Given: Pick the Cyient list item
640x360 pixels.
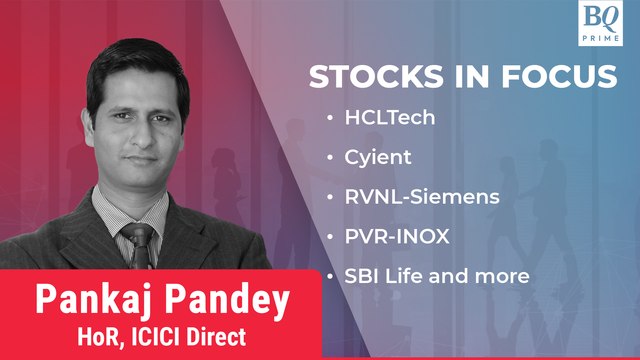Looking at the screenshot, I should [x=371, y=159].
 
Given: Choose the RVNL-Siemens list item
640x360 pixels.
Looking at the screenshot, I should [x=407, y=198].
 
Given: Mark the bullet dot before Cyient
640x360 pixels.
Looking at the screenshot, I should [x=332, y=159].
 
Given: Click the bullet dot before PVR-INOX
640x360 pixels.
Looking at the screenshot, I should [x=332, y=237].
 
